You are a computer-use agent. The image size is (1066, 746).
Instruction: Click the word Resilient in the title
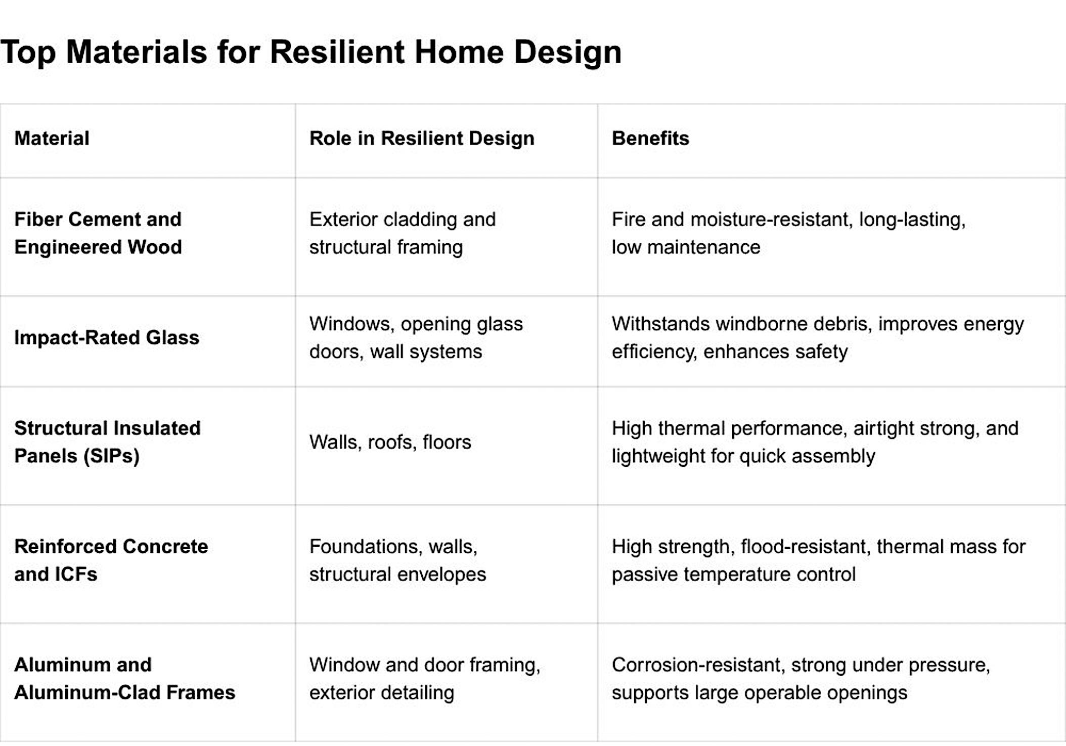coord(337,52)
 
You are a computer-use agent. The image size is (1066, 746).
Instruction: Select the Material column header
coord(52,138)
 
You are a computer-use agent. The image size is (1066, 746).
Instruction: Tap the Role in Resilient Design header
coord(422,138)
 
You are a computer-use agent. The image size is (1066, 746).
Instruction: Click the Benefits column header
coord(650,138)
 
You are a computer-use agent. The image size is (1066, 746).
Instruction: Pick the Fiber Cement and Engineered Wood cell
coord(98,233)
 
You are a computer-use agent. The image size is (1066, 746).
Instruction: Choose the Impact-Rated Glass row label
coord(107,337)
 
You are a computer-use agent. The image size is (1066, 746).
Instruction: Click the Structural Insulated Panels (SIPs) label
coord(107,442)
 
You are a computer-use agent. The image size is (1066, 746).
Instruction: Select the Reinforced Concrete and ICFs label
coord(111,560)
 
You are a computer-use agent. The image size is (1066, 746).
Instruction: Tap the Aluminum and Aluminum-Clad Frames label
coord(124,678)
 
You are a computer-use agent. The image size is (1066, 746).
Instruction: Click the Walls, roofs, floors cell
coord(390,442)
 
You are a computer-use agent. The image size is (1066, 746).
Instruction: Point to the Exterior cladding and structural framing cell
coord(403,233)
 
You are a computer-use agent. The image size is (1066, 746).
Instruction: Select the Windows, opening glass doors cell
coord(416,337)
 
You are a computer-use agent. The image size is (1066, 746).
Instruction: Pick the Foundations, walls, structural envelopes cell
coord(397,560)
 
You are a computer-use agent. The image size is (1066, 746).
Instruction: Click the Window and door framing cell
coord(425,678)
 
